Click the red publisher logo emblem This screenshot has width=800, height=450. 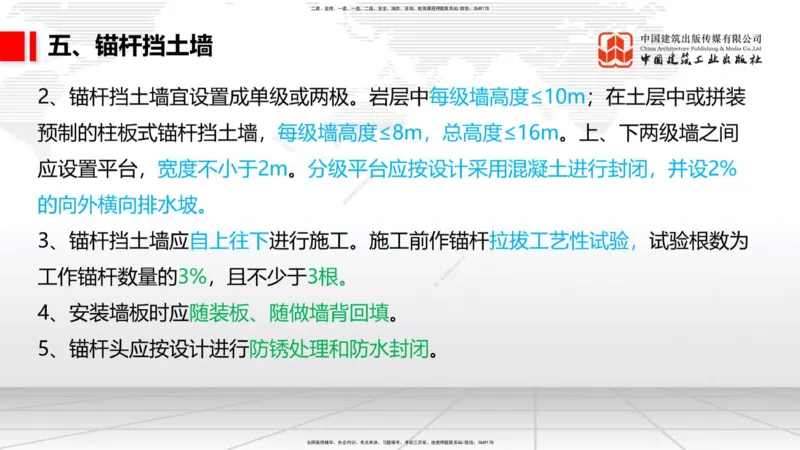pyautogui.click(x=616, y=48)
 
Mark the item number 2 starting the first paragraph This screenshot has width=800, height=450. pyautogui.click(x=44, y=99)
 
